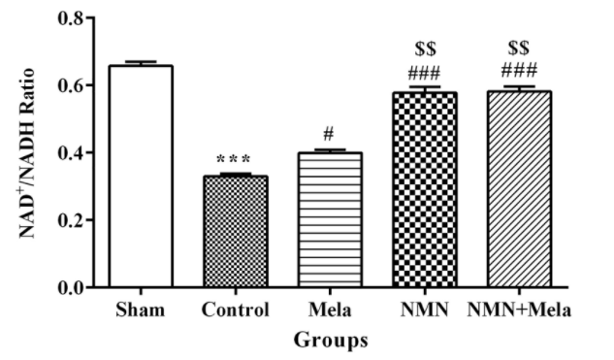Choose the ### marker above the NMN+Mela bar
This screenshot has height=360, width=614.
517,70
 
